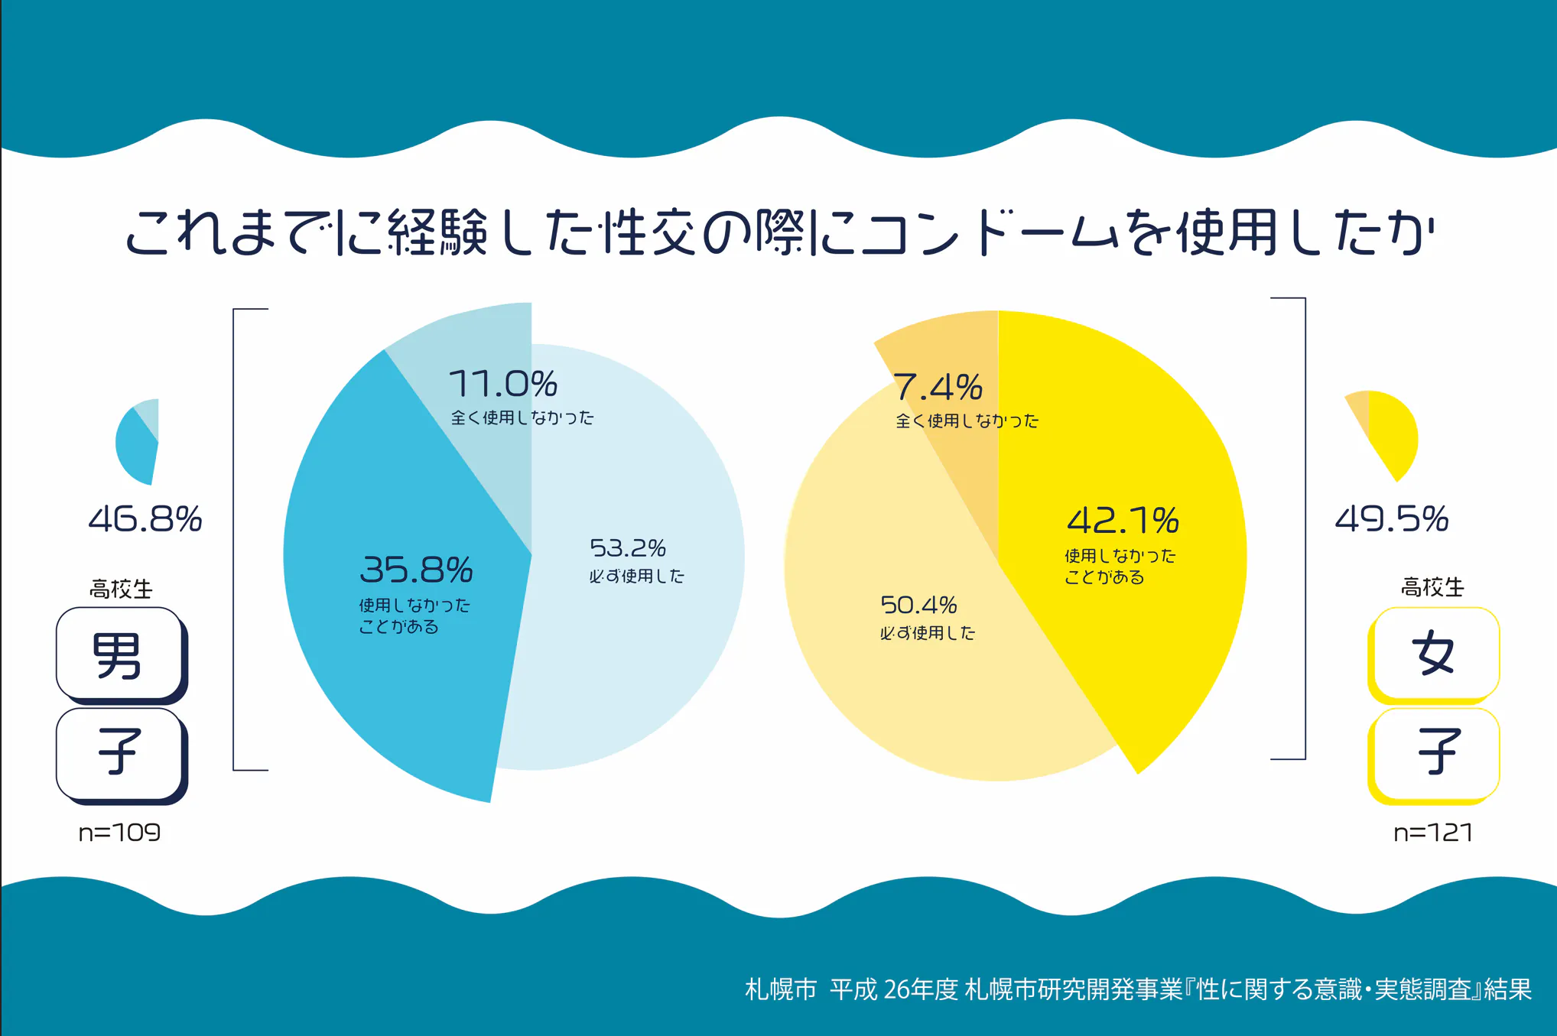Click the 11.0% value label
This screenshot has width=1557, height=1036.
click(x=502, y=384)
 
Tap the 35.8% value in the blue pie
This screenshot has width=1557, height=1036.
click(x=416, y=570)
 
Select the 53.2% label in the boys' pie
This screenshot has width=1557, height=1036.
click(x=627, y=548)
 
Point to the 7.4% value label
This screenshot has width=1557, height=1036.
click(x=938, y=387)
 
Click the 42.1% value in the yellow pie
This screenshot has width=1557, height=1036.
click(x=1123, y=521)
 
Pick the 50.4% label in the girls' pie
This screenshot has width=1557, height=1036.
click(x=918, y=606)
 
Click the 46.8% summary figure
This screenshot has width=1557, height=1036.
click(x=145, y=519)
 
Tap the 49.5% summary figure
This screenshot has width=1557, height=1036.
click(x=1391, y=519)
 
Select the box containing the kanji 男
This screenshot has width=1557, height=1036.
click(x=119, y=654)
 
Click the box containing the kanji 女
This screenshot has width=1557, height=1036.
click(x=1434, y=654)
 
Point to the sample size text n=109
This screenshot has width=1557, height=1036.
click(x=119, y=832)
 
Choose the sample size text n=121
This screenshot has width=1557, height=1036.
click(x=1432, y=832)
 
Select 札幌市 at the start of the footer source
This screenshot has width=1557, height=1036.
click(x=780, y=989)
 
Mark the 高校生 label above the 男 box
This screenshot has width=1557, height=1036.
click(x=121, y=589)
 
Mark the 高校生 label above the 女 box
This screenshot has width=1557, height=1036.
click(x=1432, y=587)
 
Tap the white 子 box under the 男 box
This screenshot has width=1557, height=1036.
click(x=119, y=753)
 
